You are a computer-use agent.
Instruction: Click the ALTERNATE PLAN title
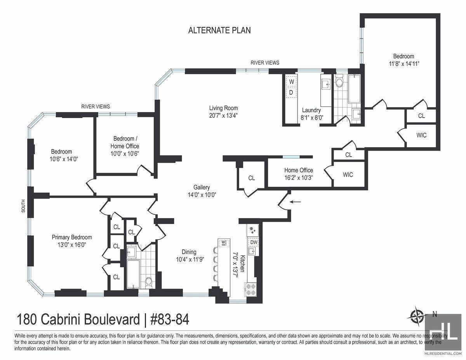tap(219, 30)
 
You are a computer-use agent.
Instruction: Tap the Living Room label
tap(223, 108)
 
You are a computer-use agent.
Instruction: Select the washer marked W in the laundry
tap(291, 82)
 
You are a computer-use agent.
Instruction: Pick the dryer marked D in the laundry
tap(291, 92)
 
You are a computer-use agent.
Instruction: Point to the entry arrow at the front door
tap(295, 202)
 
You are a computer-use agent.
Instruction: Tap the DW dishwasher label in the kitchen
tap(254, 242)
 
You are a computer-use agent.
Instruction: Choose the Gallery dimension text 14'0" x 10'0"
tap(202, 195)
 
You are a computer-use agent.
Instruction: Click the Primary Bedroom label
tap(72, 237)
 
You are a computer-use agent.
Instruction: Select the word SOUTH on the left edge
tap(23, 206)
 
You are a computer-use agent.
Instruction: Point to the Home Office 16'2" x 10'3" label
tap(299, 174)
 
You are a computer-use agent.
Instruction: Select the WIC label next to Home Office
tap(348, 175)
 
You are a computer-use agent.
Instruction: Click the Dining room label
tap(189, 252)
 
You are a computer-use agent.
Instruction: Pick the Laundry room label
tap(311, 110)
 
